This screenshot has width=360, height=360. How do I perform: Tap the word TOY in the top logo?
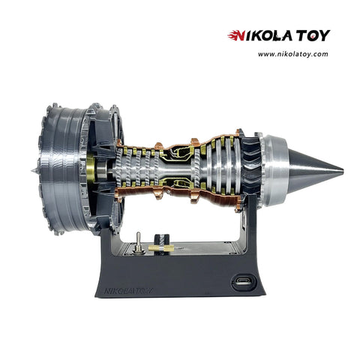313,36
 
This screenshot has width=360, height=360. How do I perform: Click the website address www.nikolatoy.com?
293,54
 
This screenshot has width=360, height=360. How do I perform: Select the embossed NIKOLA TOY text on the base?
128,291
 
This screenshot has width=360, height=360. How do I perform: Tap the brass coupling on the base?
161,248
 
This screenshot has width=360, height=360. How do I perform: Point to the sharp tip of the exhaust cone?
342,172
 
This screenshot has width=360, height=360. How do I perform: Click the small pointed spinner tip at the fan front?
34,171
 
